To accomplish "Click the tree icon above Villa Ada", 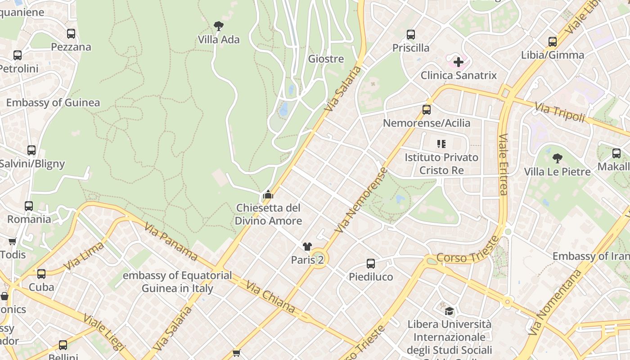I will coord(219,26).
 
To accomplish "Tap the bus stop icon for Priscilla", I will coord(410,34).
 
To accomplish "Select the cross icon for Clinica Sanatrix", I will coord(458,62).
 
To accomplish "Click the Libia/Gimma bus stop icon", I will coord(553,41).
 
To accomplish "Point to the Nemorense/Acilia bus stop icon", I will coord(426,109).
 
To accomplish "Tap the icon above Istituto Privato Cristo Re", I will coord(441,144).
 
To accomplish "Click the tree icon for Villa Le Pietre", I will coord(557,158).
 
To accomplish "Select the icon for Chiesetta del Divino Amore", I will coord(268,194).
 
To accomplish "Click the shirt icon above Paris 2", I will coord(307,246).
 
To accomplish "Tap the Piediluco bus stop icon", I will coord(371,263).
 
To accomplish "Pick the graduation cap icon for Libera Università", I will coord(449,311).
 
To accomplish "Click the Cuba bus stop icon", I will coord(41,274).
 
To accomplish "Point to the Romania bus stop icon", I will coord(29,206).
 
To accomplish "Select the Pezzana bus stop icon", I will coord(71,33).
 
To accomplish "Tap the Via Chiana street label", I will coord(270,297).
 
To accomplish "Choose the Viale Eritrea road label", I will coord(503,164).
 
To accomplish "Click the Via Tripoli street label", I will coord(560,112).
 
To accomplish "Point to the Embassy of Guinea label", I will coord(53,103).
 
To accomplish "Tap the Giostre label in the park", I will coord(326,59).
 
